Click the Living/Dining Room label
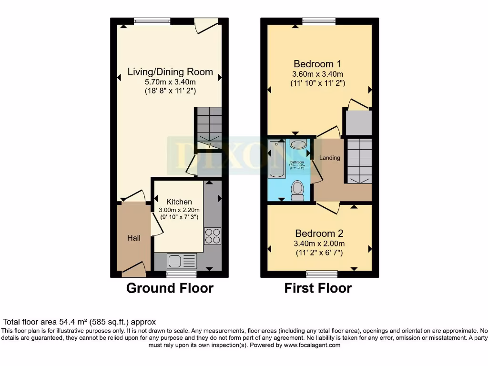[170, 72]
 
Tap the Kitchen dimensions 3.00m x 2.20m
[179, 210]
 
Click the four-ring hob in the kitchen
[213, 236]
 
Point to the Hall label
[134, 238]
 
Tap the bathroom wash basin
[299, 144]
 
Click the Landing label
[330, 157]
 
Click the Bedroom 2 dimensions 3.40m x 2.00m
[318, 244]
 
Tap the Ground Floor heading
[170, 288]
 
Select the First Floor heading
[318, 288]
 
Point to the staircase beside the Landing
[358, 161]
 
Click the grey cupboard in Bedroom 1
[358, 122]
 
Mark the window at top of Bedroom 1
[319, 21]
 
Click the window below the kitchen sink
[182, 274]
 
